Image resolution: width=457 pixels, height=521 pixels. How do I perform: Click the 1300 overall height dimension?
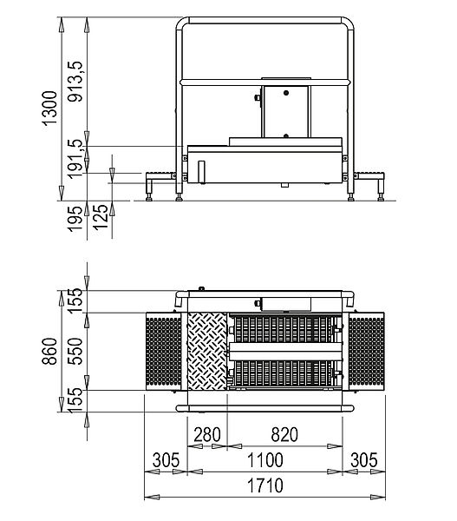49,108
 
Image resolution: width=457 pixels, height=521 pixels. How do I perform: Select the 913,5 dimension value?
75,81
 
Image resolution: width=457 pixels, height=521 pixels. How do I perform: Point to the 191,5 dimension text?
75,159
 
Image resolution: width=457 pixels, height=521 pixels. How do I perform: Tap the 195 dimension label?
75,219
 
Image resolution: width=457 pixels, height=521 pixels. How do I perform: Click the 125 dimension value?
101,217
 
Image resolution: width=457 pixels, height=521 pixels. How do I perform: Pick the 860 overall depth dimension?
49,351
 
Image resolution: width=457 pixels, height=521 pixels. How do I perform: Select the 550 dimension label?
75,351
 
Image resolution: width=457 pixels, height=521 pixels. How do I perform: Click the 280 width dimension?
207,435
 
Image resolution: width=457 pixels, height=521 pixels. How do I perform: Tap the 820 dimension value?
284,435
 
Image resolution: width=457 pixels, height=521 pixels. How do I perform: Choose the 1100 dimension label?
265,460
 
